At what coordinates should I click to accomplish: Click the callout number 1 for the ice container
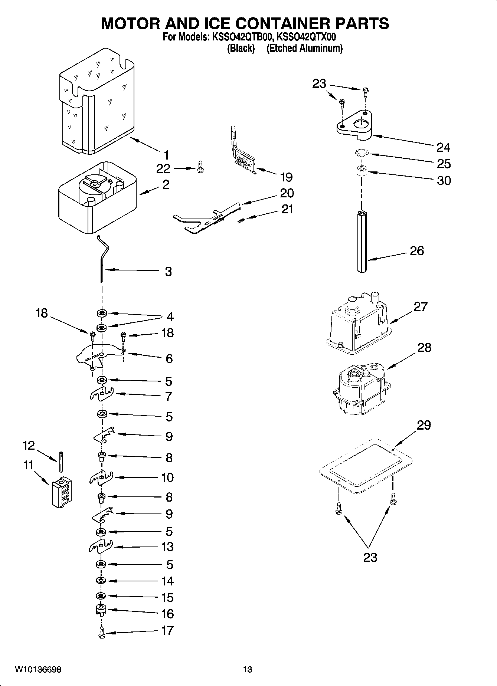(166, 155)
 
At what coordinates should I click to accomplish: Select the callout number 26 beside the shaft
(417, 251)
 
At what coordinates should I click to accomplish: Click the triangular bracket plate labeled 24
(355, 126)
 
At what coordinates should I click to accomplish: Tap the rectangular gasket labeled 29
(366, 466)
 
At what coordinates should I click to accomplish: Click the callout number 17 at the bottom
(167, 630)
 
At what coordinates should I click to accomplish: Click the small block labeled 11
(62, 491)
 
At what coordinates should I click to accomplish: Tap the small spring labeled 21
(241, 220)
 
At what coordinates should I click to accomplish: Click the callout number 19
(286, 177)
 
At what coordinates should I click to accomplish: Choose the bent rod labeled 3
(102, 260)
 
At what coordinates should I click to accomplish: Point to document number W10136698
(38, 670)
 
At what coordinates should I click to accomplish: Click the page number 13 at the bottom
(247, 670)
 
